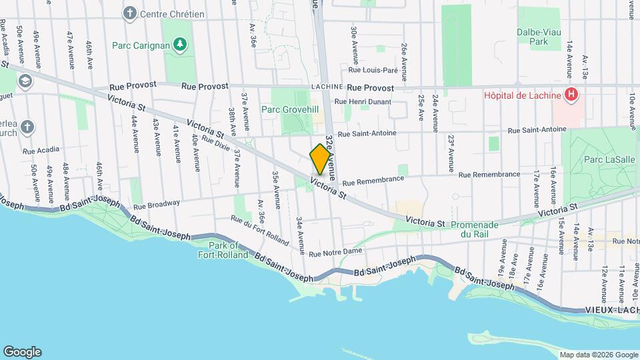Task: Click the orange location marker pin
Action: (320, 159)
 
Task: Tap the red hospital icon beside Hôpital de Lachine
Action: (571, 95)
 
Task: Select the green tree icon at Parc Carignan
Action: (179, 45)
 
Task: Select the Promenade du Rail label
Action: (481, 229)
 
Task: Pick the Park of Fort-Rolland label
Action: (223, 250)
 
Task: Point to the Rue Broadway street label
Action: (156, 205)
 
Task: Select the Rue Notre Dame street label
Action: (335, 252)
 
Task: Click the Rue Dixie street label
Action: (217, 142)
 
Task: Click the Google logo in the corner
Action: (22, 351)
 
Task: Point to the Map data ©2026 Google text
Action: (597, 355)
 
